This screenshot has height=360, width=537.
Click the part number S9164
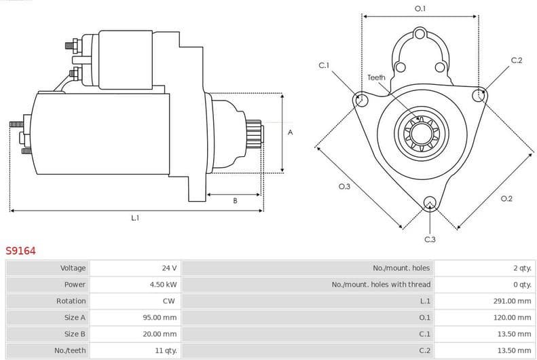click(x=20, y=251)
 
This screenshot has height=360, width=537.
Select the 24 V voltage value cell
click(x=168, y=268)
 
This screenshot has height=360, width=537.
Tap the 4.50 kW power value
click(x=163, y=285)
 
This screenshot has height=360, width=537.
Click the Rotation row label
click(x=71, y=301)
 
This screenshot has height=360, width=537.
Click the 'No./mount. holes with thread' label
click(x=381, y=285)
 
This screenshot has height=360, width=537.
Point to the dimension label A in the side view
click(x=291, y=132)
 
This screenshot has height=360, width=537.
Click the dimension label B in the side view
click(x=235, y=201)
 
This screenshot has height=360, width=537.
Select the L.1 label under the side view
click(x=135, y=218)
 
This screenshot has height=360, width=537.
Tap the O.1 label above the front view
click(x=420, y=8)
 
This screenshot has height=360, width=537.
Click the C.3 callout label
click(x=430, y=239)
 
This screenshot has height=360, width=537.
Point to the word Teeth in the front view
click(x=376, y=77)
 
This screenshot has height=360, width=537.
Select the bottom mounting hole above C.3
click(x=429, y=202)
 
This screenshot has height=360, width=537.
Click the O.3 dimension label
click(x=344, y=186)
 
